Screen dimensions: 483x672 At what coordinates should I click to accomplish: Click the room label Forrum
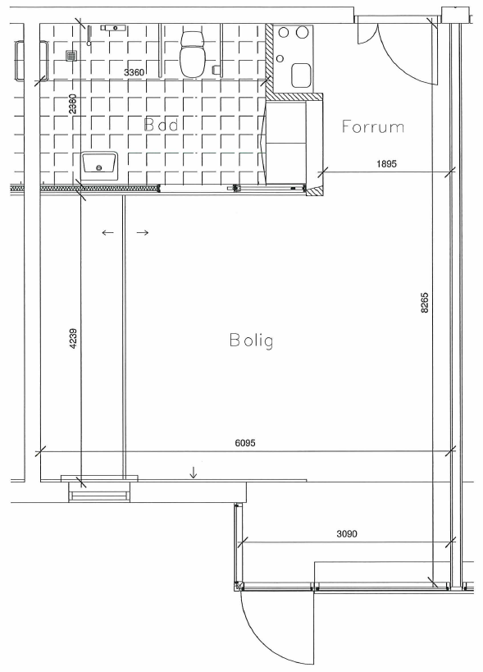pos(372,126)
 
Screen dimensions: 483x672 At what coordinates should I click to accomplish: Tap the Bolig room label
pos(252,341)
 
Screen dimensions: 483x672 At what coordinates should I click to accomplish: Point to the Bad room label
pos(161,125)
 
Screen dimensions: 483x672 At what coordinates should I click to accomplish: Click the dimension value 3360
pos(134,72)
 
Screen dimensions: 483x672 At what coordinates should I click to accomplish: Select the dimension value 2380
pos(73,103)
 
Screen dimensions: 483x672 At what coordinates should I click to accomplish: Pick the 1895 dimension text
pos(387,163)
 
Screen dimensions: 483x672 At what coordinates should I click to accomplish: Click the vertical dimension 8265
pos(424,303)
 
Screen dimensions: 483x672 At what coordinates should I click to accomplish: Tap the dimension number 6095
pos(245,442)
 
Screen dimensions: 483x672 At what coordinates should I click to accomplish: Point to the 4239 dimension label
pos(73,339)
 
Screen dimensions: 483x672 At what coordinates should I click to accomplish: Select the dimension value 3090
pos(347,534)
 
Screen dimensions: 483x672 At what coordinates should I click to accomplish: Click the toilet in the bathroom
pos(192,53)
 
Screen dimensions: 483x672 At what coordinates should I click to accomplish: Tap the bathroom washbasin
pos(99,166)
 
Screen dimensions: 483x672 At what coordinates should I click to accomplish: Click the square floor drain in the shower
pos(71,55)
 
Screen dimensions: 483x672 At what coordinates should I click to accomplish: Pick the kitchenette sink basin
pos(301,75)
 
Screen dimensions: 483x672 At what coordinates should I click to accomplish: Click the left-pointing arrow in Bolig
pos(108,233)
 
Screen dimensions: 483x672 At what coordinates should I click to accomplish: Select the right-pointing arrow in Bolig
pos(143,233)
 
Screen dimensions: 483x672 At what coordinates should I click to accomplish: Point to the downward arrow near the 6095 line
pos(194,473)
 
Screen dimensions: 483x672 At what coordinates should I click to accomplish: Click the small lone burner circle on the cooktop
pos(280,58)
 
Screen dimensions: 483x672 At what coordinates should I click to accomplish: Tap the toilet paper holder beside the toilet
pos(216,70)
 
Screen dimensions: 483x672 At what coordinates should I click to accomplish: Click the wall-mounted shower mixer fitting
pos(113,28)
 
